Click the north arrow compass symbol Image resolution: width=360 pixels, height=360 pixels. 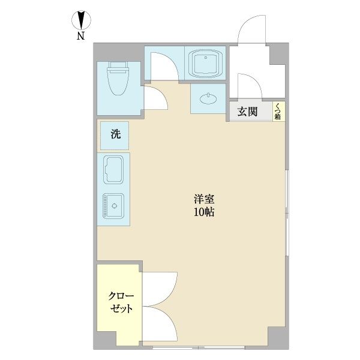(81, 20)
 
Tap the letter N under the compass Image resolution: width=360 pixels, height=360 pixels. (80, 36)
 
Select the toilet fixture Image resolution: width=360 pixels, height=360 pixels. (118, 78)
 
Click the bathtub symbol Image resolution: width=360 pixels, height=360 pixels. (205, 63)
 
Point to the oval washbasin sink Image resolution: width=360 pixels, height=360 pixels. (208, 99)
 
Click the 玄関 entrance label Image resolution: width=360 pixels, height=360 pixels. (247, 112)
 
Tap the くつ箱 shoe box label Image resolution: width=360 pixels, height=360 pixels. (278, 112)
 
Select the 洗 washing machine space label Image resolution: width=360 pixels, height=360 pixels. (116, 134)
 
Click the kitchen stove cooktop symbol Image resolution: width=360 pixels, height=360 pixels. (113, 170)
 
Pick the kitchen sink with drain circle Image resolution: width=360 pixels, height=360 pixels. (113, 206)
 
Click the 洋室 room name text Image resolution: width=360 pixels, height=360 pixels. (204, 199)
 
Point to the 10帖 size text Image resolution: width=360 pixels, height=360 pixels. (204, 212)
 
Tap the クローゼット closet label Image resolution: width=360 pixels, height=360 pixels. (121, 302)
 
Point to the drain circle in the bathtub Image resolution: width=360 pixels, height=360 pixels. (206, 58)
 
